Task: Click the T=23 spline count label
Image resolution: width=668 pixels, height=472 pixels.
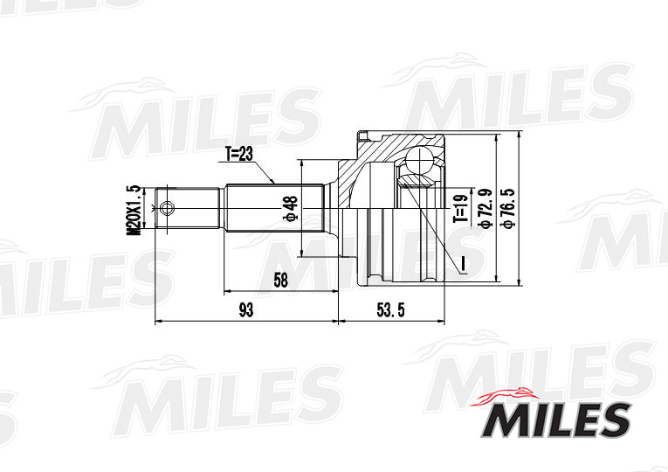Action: pyautogui.click(x=239, y=154)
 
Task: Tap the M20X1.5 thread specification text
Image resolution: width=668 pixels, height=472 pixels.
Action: pyautogui.click(x=134, y=210)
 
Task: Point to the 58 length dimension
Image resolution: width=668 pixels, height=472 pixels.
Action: pyautogui.click(x=279, y=280)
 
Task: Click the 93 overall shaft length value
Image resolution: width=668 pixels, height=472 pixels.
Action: pyautogui.click(x=245, y=309)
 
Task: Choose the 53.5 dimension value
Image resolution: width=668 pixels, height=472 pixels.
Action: pyautogui.click(x=390, y=309)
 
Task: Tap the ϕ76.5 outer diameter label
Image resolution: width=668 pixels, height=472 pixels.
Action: pyautogui.click(x=506, y=208)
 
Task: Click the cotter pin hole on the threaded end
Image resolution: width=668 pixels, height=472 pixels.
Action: pyautogui.click(x=168, y=209)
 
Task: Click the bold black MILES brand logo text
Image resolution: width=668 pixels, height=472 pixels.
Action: pyautogui.click(x=554, y=420)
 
